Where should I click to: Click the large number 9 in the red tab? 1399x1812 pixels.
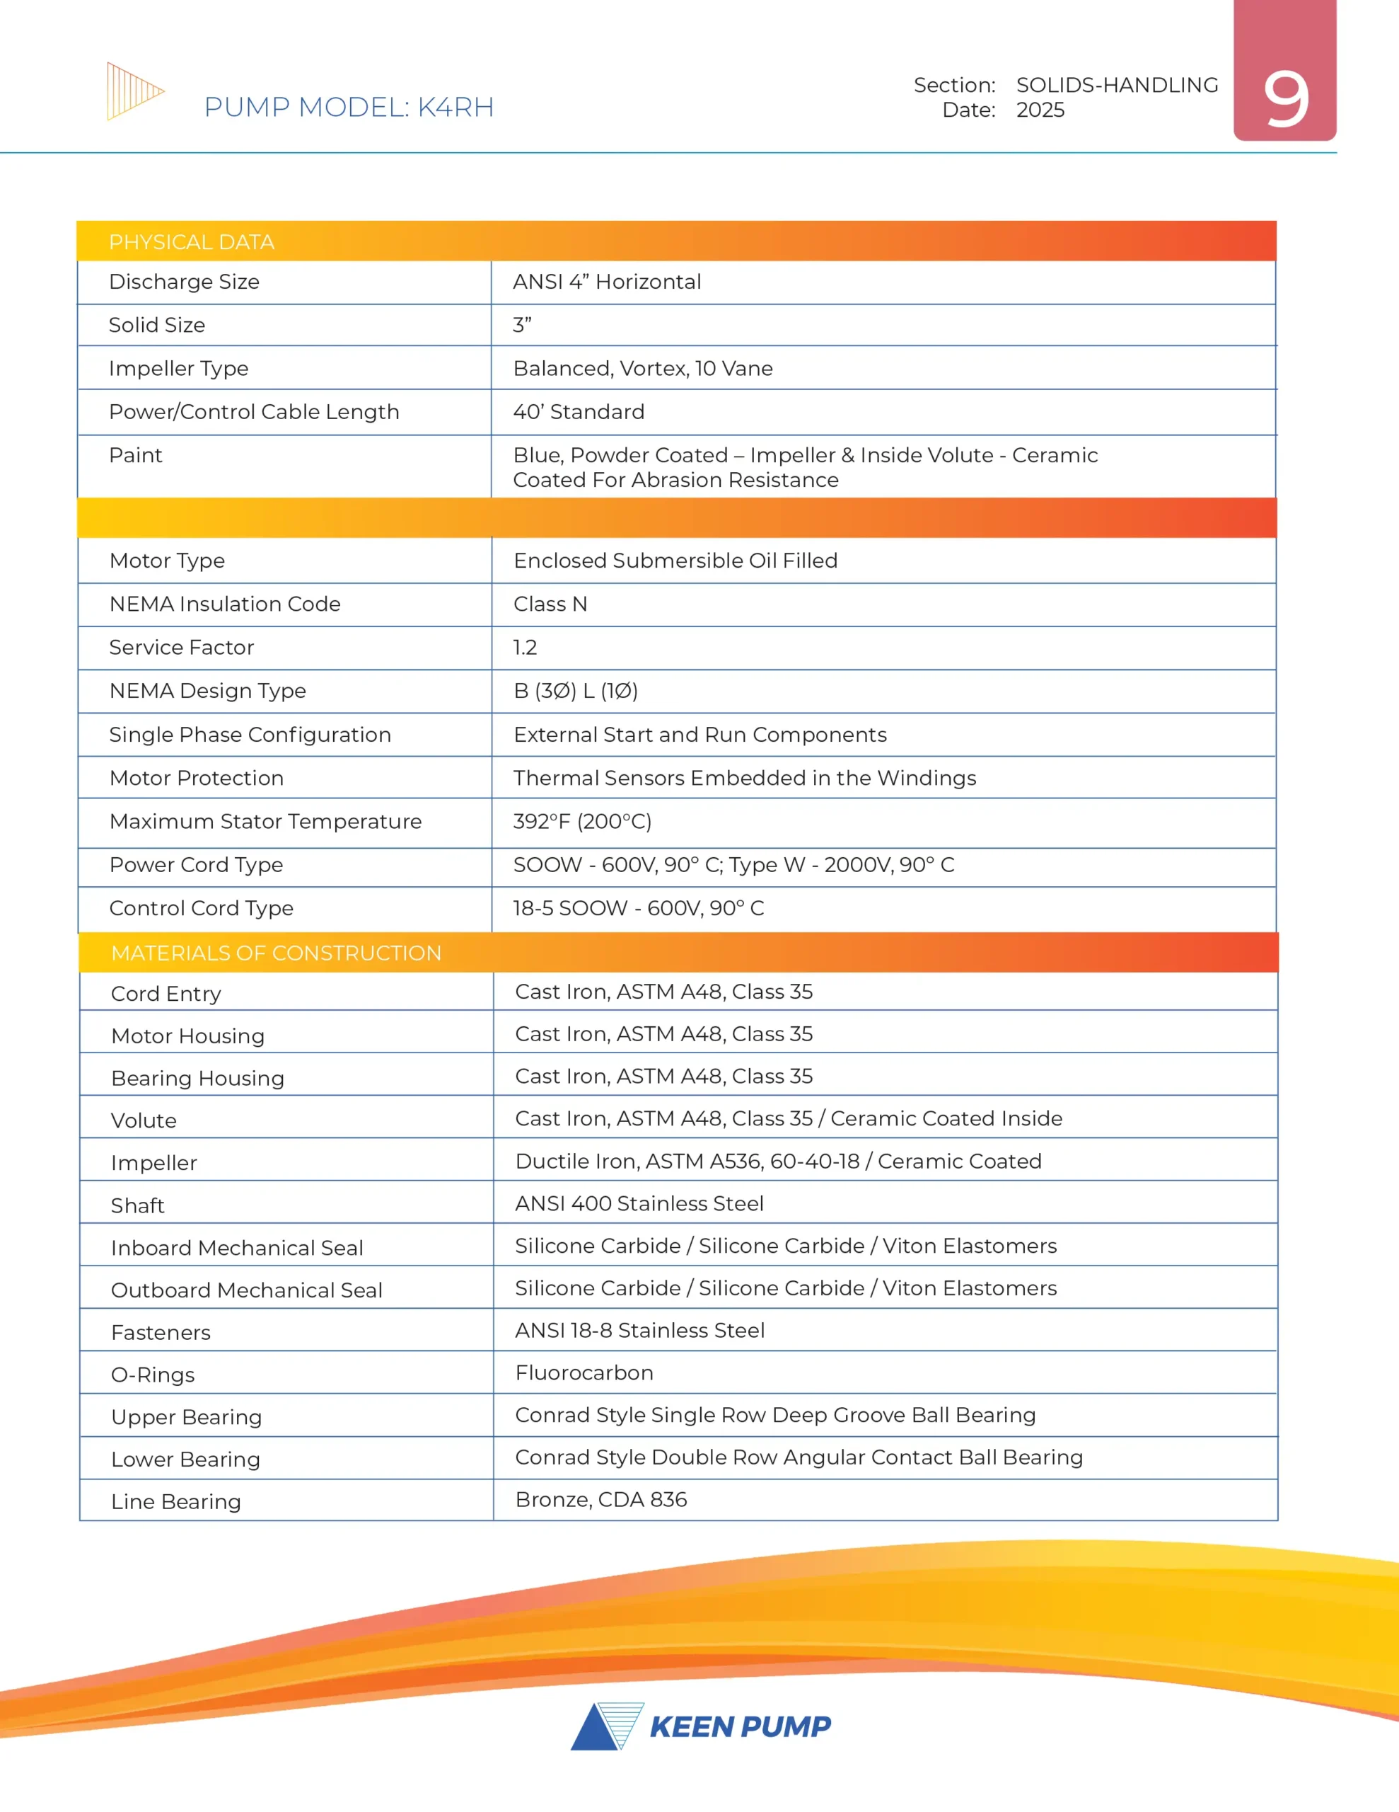click(x=1284, y=100)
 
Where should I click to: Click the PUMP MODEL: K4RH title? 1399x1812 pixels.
click(x=348, y=107)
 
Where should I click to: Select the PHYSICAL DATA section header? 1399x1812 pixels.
click(x=192, y=242)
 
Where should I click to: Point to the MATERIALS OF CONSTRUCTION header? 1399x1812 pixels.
click(x=276, y=953)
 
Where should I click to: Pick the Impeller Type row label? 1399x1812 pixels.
click(x=178, y=368)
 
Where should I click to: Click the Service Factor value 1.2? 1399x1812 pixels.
click(x=525, y=647)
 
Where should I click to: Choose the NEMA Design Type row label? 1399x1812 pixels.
click(x=207, y=690)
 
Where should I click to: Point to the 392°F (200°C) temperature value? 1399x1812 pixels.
click(x=582, y=821)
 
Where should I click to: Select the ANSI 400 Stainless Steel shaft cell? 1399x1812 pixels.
click(x=639, y=1203)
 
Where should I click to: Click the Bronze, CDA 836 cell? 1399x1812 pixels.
click(x=601, y=1499)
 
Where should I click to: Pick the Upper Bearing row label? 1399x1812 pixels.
click(x=187, y=1417)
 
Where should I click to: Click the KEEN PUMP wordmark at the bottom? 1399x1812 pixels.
click(x=740, y=1726)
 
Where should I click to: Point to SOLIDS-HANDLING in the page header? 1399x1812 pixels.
click(x=1117, y=85)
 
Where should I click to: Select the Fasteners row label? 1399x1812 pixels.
click(x=161, y=1332)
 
